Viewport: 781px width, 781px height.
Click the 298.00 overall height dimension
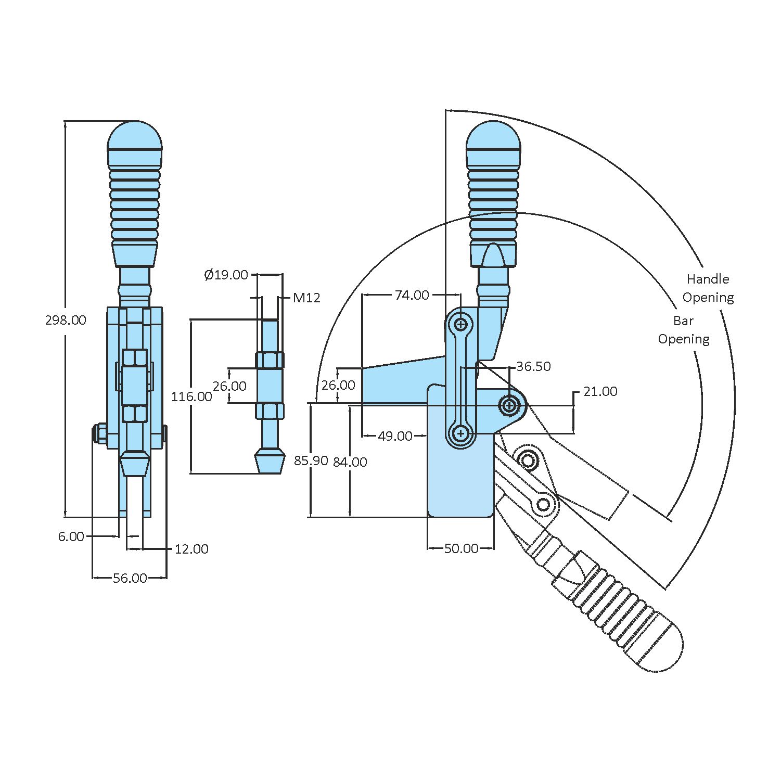(x=66, y=320)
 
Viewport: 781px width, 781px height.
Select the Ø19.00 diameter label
(x=226, y=275)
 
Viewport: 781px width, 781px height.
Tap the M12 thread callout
(x=306, y=298)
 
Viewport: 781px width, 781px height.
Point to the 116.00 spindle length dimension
(x=191, y=396)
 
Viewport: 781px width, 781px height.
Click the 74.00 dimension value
(x=412, y=295)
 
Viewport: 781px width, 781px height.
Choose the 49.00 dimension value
(x=395, y=436)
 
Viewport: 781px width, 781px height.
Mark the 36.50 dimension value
(x=533, y=366)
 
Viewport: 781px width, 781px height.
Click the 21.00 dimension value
(x=600, y=391)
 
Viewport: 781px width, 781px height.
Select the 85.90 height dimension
(x=311, y=460)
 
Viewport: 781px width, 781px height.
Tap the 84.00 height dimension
(x=350, y=462)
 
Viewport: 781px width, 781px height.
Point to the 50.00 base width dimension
(x=461, y=548)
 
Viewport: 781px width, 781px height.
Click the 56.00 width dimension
(x=130, y=578)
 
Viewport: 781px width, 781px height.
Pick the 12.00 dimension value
(x=191, y=549)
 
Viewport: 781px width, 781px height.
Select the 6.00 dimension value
(x=71, y=536)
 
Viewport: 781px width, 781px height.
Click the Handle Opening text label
(x=708, y=288)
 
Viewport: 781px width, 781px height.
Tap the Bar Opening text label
(x=684, y=330)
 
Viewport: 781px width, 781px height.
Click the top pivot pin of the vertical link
(x=460, y=325)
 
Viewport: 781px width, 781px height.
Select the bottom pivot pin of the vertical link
(x=460, y=433)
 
